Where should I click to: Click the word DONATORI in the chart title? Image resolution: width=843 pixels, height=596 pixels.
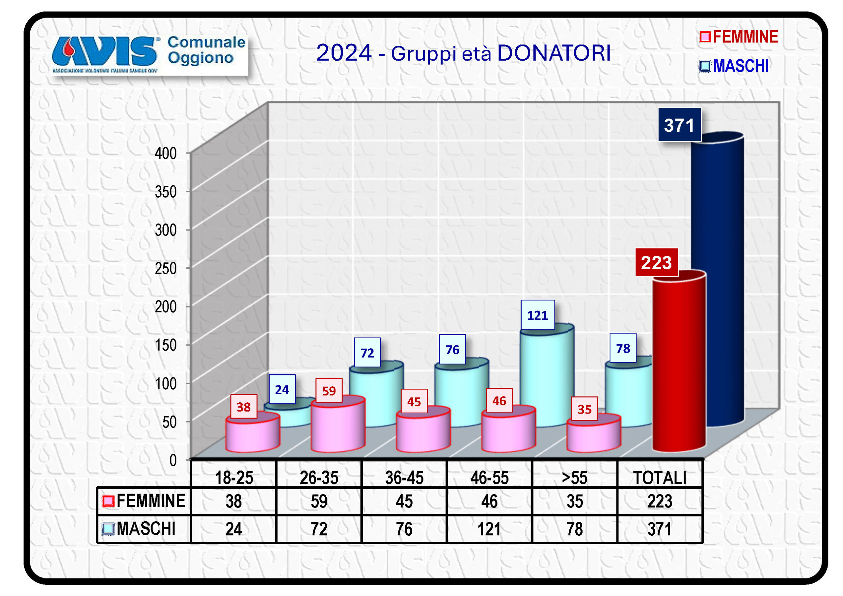(554, 53)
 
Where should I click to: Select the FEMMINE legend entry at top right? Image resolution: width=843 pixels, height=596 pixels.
(739, 37)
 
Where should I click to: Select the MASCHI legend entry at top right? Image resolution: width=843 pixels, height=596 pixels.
(734, 67)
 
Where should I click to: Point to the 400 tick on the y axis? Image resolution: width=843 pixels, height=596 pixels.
(166, 153)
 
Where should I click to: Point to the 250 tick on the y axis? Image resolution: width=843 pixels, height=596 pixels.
(166, 269)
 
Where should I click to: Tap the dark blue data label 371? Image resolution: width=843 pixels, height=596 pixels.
(679, 125)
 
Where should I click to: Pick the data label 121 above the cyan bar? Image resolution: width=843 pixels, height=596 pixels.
(537, 315)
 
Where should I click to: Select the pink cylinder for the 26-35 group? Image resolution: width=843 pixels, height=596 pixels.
(338, 426)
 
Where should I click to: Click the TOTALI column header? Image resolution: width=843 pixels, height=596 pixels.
(660, 478)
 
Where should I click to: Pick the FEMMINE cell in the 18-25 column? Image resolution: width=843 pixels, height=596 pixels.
(233, 501)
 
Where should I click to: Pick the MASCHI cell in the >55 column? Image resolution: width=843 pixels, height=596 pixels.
(574, 529)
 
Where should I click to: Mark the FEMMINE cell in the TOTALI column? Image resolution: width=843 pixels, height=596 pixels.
(660, 501)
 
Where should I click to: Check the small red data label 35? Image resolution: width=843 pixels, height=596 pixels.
(584, 409)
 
